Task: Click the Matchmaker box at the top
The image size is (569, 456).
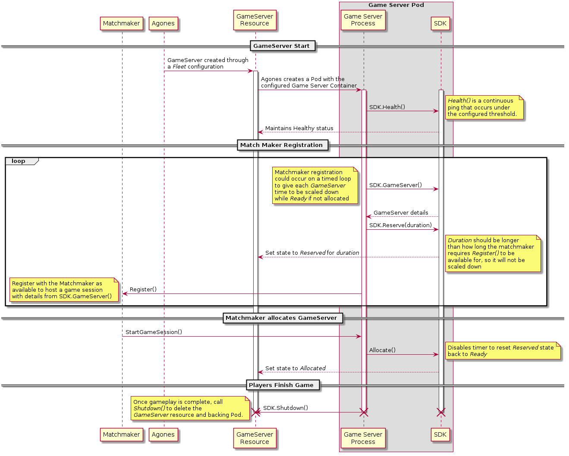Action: coord(121,24)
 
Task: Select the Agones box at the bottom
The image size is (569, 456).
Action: coord(163,434)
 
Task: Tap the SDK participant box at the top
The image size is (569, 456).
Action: coord(440,24)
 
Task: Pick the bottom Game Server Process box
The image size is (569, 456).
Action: coord(363,438)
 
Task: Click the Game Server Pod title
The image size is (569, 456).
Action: coord(396,5)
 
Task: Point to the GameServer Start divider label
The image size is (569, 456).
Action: coord(281,46)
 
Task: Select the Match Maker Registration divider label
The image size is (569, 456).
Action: coord(281,145)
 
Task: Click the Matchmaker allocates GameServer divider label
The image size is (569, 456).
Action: coord(281,318)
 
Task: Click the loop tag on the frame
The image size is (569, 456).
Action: coord(19,161)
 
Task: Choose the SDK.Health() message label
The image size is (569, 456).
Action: coord(387,107)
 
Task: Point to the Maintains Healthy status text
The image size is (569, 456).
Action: coord(299,128)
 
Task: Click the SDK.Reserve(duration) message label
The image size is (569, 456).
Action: coord(400,225)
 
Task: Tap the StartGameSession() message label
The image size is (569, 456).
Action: coord(154,332)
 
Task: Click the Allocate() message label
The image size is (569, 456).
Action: coord(382,350)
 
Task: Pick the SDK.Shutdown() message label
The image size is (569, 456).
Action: coord(286,408)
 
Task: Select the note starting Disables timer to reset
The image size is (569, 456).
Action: coord(503,351)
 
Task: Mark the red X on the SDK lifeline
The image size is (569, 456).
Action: coord(441,412)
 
